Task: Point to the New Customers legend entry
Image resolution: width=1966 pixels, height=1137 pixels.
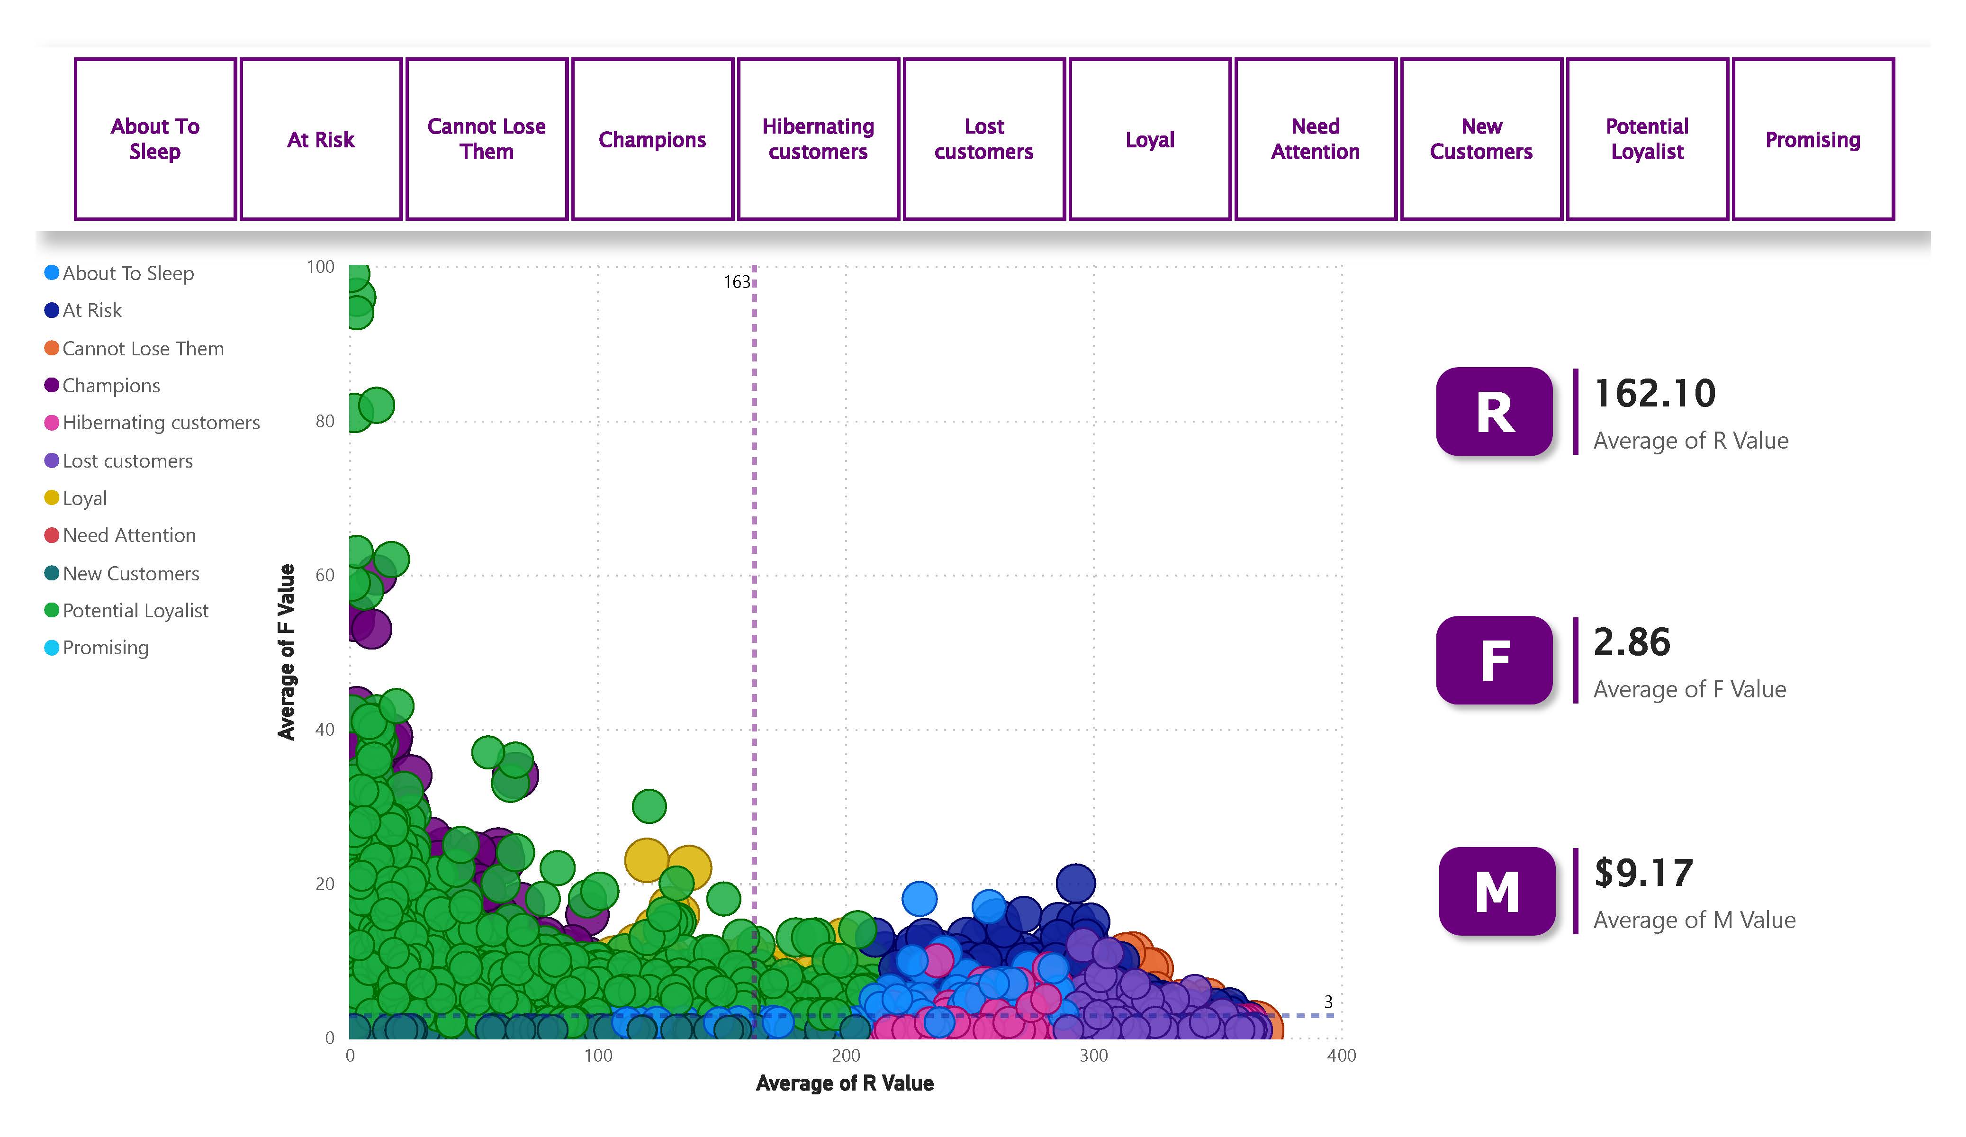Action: pos(130,574)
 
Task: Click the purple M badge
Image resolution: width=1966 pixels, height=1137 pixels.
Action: pos(1497,891)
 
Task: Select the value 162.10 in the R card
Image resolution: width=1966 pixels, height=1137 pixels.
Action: pos(1654,393)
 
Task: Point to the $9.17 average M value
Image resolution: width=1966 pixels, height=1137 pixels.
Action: pos(1643,873)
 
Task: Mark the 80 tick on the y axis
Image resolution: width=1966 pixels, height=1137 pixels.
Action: pos(325,421)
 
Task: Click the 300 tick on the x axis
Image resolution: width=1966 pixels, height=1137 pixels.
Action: pos(1093,1056)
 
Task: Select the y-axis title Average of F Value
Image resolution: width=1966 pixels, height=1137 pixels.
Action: pos(286,651)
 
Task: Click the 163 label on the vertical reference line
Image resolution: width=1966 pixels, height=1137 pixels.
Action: pos(737,282)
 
